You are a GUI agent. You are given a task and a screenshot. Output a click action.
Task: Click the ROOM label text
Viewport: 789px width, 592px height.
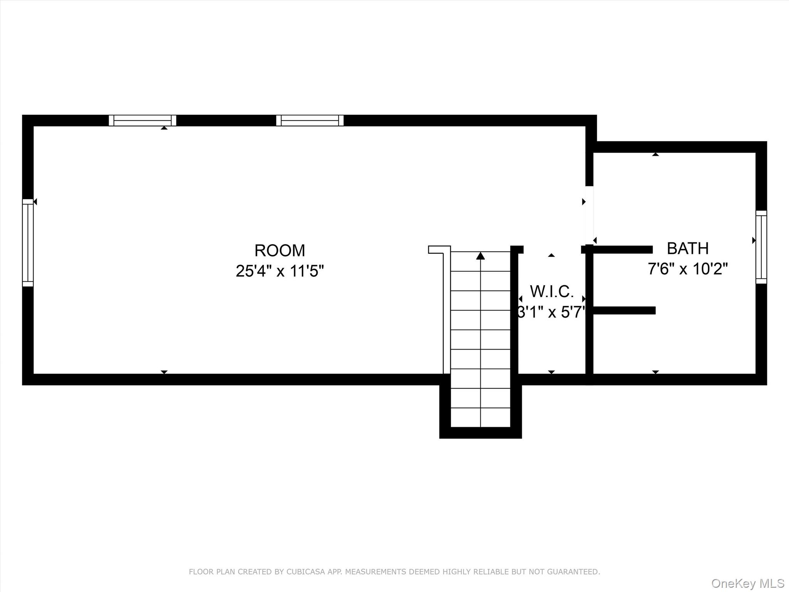280,251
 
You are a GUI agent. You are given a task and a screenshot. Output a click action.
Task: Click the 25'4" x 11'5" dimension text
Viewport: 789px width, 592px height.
280,271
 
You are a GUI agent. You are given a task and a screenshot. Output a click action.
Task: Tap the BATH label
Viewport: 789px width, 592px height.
688,249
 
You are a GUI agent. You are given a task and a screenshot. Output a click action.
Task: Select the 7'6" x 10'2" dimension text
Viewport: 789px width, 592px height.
688,269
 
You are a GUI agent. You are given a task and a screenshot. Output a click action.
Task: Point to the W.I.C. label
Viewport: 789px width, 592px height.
552,292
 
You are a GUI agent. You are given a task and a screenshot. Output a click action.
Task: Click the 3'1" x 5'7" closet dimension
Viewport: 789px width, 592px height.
552,312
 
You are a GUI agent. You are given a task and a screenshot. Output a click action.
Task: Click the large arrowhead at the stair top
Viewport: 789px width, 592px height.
480,256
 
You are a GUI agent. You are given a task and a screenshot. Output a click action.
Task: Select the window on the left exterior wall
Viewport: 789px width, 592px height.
28,243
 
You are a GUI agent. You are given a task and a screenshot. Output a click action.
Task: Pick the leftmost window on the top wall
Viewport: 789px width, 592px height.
143,120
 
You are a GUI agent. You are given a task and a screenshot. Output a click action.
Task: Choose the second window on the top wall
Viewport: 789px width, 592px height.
310,120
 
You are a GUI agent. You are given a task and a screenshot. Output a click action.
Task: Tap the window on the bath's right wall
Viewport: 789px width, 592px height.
761,247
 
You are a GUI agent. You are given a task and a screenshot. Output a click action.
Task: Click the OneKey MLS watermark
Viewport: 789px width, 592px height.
747,583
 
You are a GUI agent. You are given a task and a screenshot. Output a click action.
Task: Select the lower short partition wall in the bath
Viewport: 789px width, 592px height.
624,310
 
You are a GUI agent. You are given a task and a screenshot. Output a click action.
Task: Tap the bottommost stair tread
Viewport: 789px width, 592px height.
480,418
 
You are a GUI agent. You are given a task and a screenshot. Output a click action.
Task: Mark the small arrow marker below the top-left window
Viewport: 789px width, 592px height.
164,128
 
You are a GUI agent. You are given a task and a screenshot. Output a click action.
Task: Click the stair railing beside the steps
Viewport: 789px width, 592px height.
446,312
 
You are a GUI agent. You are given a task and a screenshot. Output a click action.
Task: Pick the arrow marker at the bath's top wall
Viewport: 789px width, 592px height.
655,154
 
